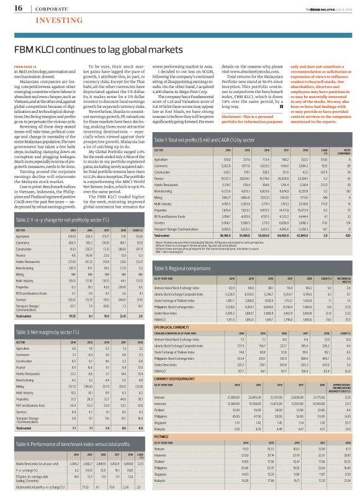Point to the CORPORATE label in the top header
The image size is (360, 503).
tap(42, 8)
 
